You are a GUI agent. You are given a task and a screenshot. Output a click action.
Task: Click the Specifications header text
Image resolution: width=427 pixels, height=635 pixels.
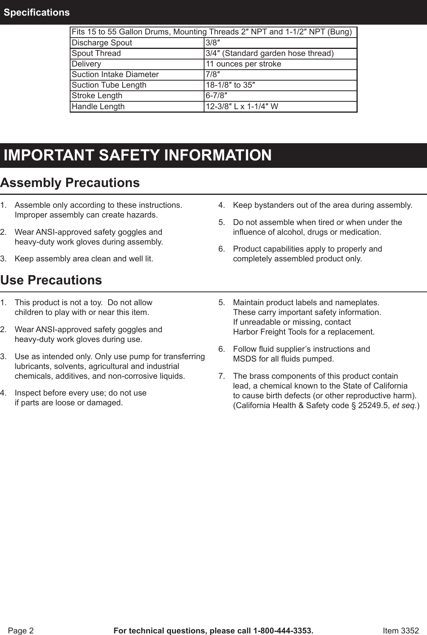pos(37,13)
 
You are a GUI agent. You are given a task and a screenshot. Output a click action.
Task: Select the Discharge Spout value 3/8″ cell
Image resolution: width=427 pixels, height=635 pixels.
pos(212,43)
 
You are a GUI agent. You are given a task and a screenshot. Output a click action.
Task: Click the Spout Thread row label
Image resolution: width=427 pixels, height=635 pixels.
pos(96,53)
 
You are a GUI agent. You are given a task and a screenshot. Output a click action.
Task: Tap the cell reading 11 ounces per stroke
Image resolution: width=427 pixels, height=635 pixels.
pos(243,64)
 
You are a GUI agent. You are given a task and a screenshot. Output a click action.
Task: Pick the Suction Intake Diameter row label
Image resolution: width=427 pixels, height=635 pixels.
pos(115,74)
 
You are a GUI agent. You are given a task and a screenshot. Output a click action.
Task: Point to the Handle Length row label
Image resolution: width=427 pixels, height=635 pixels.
pos(98,106)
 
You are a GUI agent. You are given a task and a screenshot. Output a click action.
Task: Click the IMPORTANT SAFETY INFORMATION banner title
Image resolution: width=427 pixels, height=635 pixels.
pos(138,155)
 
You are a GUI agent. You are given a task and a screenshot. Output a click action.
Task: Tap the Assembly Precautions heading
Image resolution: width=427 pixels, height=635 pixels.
pos(70,183)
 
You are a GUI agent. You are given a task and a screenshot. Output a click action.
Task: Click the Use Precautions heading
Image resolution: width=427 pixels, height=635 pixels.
pos(51,280)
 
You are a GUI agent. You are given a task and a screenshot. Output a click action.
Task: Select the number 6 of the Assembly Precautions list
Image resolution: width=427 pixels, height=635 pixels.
pos(221,249)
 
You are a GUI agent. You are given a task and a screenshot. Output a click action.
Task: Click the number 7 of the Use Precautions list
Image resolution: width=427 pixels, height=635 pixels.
pos(221,376)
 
